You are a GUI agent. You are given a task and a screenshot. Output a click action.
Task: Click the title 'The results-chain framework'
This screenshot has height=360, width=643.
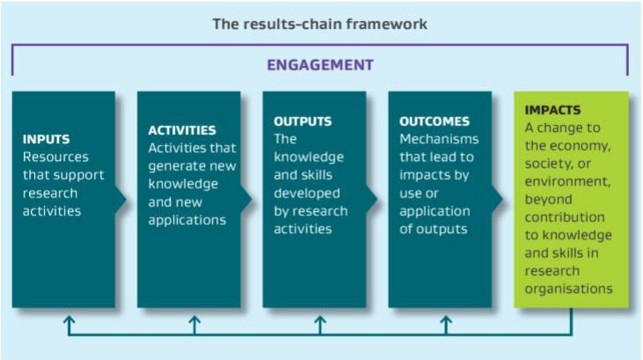[320, 24]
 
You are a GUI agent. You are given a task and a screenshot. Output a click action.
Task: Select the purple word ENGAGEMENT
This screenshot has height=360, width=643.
[320, 65]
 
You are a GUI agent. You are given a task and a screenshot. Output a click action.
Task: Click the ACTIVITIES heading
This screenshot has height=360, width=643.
[182, 130]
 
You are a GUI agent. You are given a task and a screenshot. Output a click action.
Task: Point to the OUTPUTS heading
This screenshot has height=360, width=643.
[303, 121]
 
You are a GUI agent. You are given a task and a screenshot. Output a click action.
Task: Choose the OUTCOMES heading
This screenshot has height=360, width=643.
[435, 121]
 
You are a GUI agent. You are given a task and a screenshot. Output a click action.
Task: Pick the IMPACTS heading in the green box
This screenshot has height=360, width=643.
[552, 111]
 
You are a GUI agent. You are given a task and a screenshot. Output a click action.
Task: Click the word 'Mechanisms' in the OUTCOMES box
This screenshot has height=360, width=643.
[439, 139]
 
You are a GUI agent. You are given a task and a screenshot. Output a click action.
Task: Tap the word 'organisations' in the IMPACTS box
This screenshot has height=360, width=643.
[567, 289]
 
